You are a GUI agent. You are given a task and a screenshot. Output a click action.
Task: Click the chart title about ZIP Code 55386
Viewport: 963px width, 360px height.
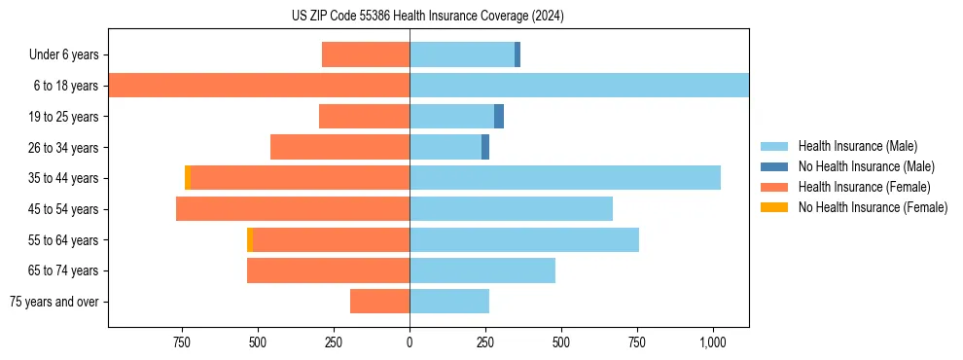(x=428, y=16)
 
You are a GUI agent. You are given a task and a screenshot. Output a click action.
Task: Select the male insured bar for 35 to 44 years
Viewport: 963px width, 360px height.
(x=565, y=178)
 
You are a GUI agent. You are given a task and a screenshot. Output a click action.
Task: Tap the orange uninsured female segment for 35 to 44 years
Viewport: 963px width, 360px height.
(x=188, y=178)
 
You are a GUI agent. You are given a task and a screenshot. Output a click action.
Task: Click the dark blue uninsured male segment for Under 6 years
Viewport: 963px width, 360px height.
(x=517, y=54)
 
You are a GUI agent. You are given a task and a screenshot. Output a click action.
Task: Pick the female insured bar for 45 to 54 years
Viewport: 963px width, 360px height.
(x=293, y=209)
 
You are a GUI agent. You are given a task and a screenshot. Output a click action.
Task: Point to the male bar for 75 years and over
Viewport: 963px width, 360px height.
(x=449, y=302)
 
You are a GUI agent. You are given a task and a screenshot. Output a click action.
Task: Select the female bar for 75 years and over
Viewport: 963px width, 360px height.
(x=379, y=302)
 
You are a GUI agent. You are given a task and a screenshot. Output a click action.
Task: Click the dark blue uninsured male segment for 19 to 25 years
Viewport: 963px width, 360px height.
(x=499, y=117)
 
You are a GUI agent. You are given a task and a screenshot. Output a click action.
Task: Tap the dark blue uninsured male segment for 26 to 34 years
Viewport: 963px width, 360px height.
(x=485, y=147)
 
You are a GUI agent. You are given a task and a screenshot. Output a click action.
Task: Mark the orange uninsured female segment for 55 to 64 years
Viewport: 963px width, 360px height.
(x=250, y=239)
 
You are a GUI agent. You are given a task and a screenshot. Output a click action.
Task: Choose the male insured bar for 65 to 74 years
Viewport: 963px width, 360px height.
(x=482, y=270)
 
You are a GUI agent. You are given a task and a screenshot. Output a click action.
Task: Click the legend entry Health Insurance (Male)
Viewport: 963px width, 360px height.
(x=857, y=146)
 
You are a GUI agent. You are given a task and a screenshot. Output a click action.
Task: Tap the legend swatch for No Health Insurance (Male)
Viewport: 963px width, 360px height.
(x=774, y=166)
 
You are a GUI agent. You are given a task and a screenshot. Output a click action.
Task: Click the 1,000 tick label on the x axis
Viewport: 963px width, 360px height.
(x=713, y=342)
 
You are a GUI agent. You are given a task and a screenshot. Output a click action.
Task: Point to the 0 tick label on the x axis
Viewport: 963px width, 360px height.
(x=410, y=342)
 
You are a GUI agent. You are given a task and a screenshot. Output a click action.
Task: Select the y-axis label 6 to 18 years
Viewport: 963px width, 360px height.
(x=65, y=86)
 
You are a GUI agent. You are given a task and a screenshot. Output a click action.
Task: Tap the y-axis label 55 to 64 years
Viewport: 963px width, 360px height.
(x=63, y=239)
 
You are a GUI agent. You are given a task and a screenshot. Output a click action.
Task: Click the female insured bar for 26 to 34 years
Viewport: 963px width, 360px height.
(x=339, y=147)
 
